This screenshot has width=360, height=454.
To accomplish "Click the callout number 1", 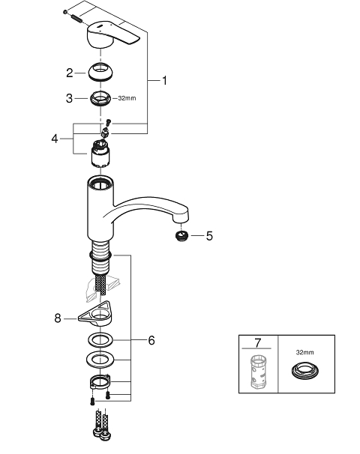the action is (164, 80).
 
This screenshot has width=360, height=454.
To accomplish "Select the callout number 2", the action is (69, 73).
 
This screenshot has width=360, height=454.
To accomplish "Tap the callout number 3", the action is (69, 98).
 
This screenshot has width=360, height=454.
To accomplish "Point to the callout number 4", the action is (55, 139).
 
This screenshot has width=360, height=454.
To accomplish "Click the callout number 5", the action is (209, 236).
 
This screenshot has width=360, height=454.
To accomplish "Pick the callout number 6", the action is (151, 340).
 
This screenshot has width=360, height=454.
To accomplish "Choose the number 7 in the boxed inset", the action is (258, 343).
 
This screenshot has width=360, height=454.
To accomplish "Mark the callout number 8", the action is (58, 318).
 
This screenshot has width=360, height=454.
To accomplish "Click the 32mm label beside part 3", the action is (127, 98).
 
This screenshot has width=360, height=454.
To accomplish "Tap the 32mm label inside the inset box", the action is (305, 352).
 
